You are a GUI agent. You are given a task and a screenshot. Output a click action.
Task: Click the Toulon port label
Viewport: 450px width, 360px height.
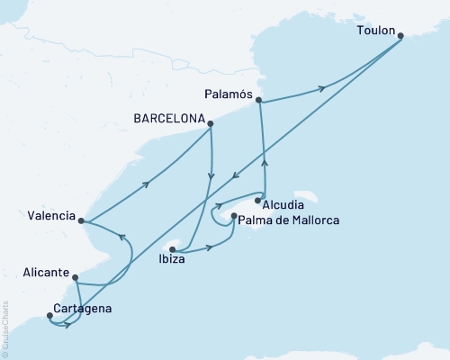pyautogui.click(x=376, y=30)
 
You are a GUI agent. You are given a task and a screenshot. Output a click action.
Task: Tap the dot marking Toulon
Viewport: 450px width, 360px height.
pyautogui.click(x=400, y=36)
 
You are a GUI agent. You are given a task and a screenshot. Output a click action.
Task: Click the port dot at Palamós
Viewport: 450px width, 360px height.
pyautogui.click(x=259, y=100)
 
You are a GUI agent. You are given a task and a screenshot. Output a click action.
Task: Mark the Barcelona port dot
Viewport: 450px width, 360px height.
pyautogui.click(x=211, y=124)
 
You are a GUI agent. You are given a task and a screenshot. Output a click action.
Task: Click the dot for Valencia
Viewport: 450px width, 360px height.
pyautogui.click(x=81, y=220)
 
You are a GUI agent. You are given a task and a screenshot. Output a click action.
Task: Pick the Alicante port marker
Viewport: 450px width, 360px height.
pyautogui.click(x=76, y=278)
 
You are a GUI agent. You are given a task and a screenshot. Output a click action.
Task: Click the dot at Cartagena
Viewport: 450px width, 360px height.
pyautogui.click(x=49, y=315)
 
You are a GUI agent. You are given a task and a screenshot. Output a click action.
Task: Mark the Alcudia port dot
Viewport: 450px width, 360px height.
pyautogui.click(x=258, y=201)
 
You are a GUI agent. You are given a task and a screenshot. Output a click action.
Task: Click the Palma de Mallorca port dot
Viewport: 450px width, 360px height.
pyautogui.click(x=234, y=216)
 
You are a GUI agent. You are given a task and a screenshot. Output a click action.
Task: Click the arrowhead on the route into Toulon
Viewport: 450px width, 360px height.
pyautogui.click(x=319, y=88)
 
